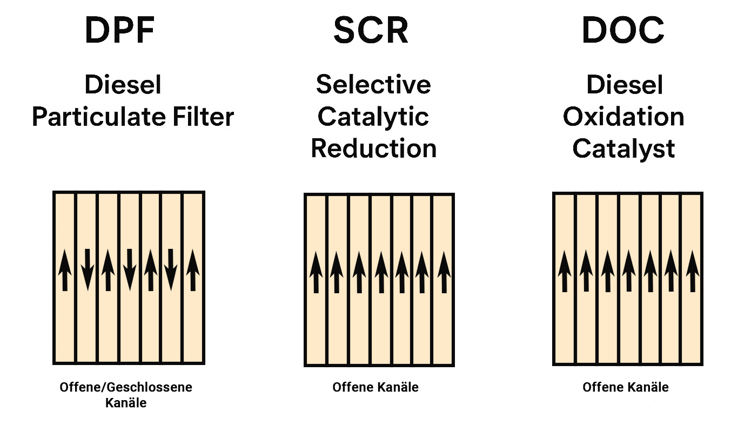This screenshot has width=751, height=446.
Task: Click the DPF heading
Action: point(120,30)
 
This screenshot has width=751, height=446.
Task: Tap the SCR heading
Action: point(371,30)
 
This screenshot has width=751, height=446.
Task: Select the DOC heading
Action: point(622,30)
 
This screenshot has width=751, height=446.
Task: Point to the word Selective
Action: point(373,85)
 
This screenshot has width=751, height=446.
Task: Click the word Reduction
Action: point(373,148)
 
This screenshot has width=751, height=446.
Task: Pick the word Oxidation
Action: point(623,117)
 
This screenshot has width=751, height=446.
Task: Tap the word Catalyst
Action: point(623,148)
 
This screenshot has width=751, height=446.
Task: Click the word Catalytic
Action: point(373,117)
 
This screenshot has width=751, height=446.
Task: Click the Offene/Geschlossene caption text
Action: point(125,387)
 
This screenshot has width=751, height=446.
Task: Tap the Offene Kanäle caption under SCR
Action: point(375,387)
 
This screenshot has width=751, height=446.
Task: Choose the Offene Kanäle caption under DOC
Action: point(626,387)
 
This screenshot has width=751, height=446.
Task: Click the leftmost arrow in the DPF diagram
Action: point(65,269)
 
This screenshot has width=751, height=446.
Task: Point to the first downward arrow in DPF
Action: point(86,269)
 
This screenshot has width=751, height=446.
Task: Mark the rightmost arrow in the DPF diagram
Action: point(193,269)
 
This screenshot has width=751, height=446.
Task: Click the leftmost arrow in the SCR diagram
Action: point(316,273)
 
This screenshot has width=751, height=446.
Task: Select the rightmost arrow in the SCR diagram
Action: point(444,273)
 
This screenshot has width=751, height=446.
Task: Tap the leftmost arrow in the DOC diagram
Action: point(565,271)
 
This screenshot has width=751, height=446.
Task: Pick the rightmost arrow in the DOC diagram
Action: point(692,271)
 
